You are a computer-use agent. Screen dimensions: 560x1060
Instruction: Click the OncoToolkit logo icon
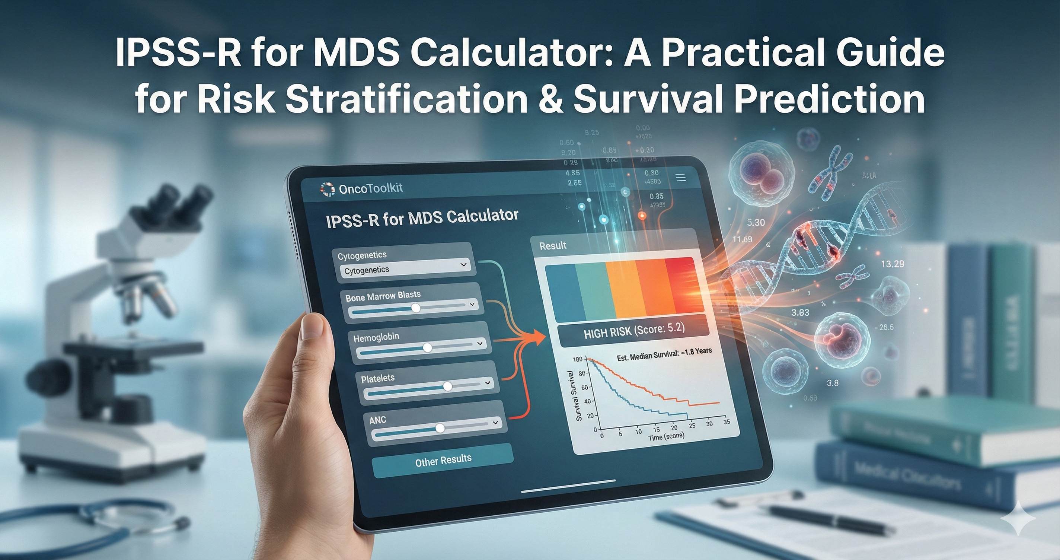click(328, 189)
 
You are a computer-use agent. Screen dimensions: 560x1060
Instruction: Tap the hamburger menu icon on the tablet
click(681, 178)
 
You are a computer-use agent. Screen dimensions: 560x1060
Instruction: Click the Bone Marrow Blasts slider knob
click(416, 308)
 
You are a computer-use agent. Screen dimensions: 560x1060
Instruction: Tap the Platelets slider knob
click(447, 386)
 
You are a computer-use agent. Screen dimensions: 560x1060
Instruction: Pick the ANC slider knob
click(440, 428)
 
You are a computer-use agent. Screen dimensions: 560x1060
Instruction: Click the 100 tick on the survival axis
click(578, 359)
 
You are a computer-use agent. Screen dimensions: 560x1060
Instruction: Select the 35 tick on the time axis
click(727, 421)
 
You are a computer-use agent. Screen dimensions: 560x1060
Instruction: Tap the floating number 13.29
click(892, 264)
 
